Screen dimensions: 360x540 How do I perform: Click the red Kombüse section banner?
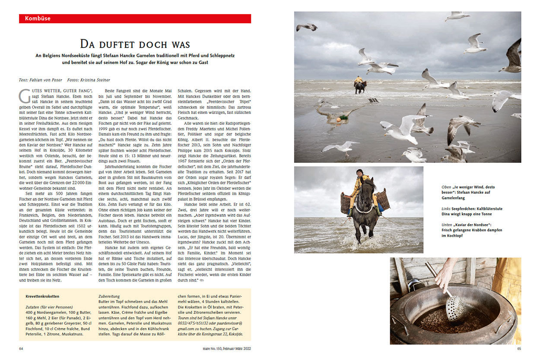click(x=135, y=19)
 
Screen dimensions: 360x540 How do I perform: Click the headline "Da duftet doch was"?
click(x=135, y=44)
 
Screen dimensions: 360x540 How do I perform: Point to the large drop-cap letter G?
click(x=24, y=96)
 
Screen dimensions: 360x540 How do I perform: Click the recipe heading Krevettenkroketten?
click(x=42, y=297)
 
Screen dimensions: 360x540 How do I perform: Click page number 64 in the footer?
click(x=21, y=349)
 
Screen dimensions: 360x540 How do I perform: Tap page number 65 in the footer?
click(x=519, y=349)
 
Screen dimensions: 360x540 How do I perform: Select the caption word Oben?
click(x=446, y=187)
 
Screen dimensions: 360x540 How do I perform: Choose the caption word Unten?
click(x=447, y=225)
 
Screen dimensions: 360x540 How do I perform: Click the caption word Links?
click(x=446, y=208)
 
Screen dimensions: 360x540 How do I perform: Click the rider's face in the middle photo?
click(x=359, y=174)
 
